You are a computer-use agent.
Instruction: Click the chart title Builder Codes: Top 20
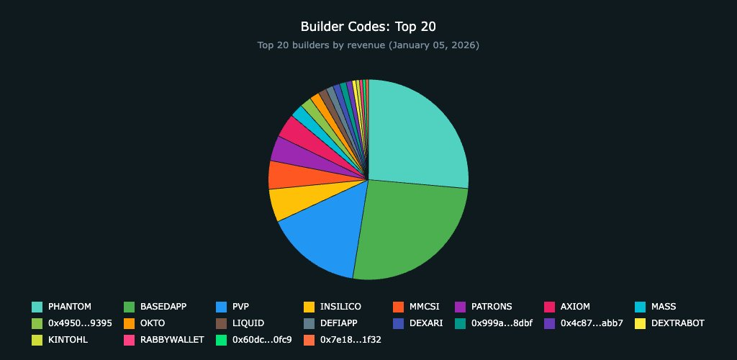click(x=368, y=27)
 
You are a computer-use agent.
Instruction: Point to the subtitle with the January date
click(x=368, y=45)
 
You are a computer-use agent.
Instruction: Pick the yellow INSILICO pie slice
click(x=285, y=202)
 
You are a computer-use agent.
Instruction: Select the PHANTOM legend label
click(x=69, y=307)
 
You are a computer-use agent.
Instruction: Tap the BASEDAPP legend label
click(x=163, y=307)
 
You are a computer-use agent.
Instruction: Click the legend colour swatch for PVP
click(x=222, y=307)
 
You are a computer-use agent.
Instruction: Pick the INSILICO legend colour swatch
click(x=309, y=307)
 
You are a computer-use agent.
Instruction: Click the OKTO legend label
click(x=153, y=323)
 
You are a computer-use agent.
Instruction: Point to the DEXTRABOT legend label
click(x=677, y=323)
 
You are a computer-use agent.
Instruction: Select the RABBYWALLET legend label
click(x=172, y=340)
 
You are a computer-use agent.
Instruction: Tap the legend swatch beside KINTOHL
click(x=37, y=340)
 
